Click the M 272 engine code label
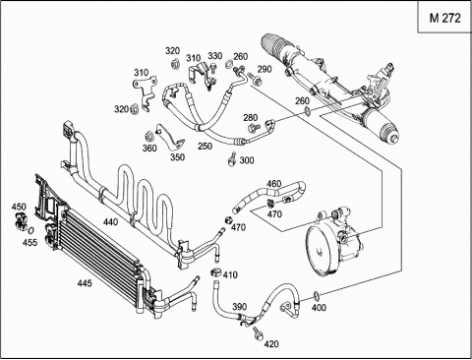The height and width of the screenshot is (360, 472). (x=444, y=18)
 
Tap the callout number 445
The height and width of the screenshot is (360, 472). (x=85, y=282)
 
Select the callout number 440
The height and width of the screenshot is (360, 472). (x=110, y=222)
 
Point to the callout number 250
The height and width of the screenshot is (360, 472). (x=205, y=146)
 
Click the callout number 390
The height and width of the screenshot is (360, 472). (x=239, y=307)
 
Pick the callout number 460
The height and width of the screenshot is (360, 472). (x=274, y=183)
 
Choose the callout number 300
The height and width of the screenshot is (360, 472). (x=247, y=160)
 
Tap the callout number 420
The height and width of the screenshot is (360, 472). (x=271, y=344)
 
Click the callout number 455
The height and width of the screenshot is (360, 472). (x=29, y=242)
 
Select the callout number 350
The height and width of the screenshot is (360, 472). (x=177, y=157)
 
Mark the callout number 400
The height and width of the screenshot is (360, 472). (x=319, y=307)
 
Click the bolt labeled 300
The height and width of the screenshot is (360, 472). (x=232, y=158)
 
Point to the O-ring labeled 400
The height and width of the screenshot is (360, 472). (x=316, y=295)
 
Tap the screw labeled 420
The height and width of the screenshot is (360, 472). (x=257, y=333)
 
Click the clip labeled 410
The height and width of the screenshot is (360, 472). (x=215, y=271)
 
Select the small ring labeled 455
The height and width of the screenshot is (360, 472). (x=30, y=230)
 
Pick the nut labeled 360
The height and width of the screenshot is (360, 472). (x=149, y=136)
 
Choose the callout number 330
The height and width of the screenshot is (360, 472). (x=215, y=56)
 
